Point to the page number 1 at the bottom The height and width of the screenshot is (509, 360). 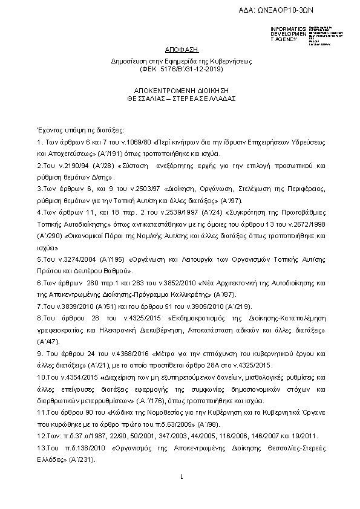coord(181,477)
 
